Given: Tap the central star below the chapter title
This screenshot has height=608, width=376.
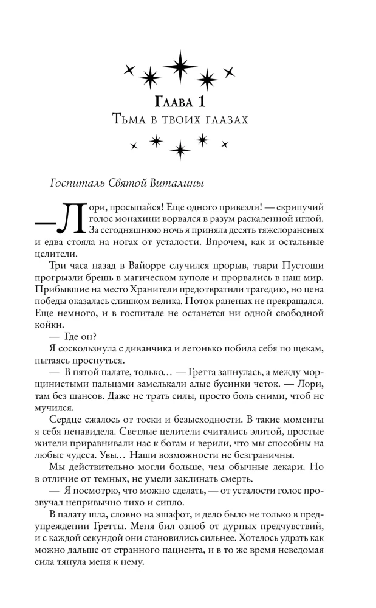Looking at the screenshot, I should [180, 148].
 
